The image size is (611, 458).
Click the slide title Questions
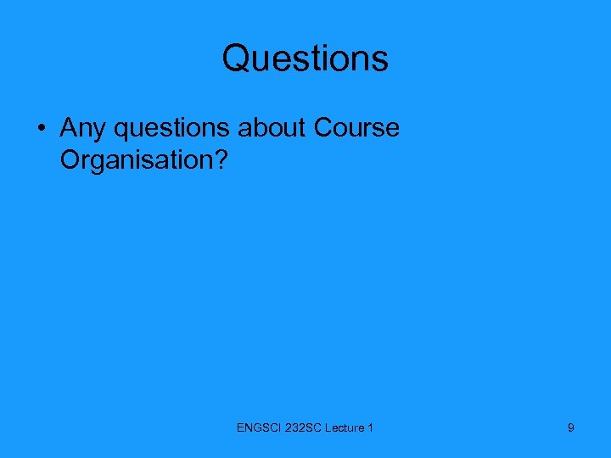[x=305, y=59]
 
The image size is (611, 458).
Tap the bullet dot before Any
[x=41, y=129]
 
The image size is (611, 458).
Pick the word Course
[x=356, y=128]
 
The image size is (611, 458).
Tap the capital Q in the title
[x=237, y=59]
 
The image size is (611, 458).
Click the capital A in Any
[x=69, y=128]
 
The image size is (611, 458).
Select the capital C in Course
[x=323, y=128]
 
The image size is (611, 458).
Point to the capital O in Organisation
[x=71, y=159]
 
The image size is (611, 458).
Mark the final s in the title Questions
[x=380, y=60]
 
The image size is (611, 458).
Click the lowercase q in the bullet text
[x=122, y=131]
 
